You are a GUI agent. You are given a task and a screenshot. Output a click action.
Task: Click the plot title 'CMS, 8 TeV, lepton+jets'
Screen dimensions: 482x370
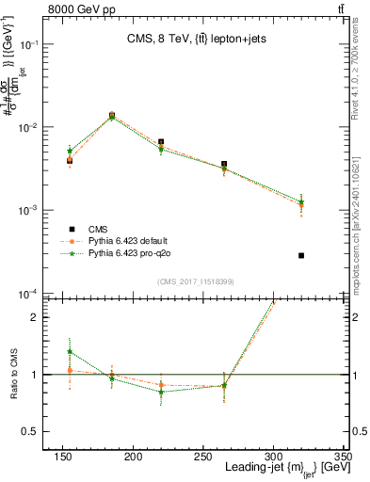(x=200, y=39)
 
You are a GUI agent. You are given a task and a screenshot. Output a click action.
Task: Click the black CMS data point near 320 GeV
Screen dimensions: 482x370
(x=301, y=255)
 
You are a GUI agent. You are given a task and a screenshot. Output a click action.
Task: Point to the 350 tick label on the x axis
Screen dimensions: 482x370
(x=344, y=456)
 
